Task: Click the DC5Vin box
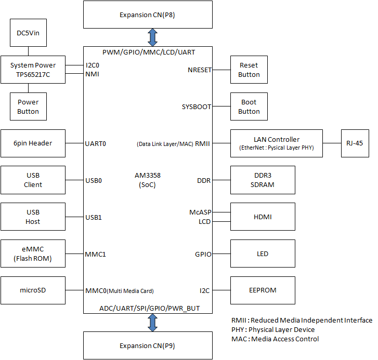[x=28, y=33]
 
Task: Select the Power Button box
[x=28, y=106]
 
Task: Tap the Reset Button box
[x=249, y=70]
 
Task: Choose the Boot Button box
[x=249, y=106]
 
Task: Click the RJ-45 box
[x=355, y=143]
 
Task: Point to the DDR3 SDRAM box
[x=263, y=180]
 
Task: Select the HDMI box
[x=263, y=217]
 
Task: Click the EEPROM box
[x=263, y=290]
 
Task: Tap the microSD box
[x=33, y=290]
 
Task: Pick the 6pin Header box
[x=33, y=143]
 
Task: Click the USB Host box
[x=33, y=217]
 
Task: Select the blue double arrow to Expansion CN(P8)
[x=152, y=37]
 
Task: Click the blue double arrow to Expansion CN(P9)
[x=152, y=322]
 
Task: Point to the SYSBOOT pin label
[x=197, y=106]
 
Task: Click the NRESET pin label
[x=200, y=70]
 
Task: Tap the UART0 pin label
[x=96, y=143]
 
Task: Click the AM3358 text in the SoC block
[x=147, y=176]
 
